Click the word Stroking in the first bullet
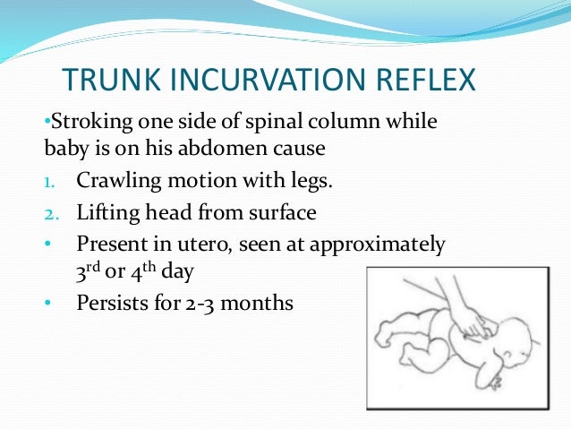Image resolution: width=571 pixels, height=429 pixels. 81,120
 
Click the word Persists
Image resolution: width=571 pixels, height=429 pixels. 111,304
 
